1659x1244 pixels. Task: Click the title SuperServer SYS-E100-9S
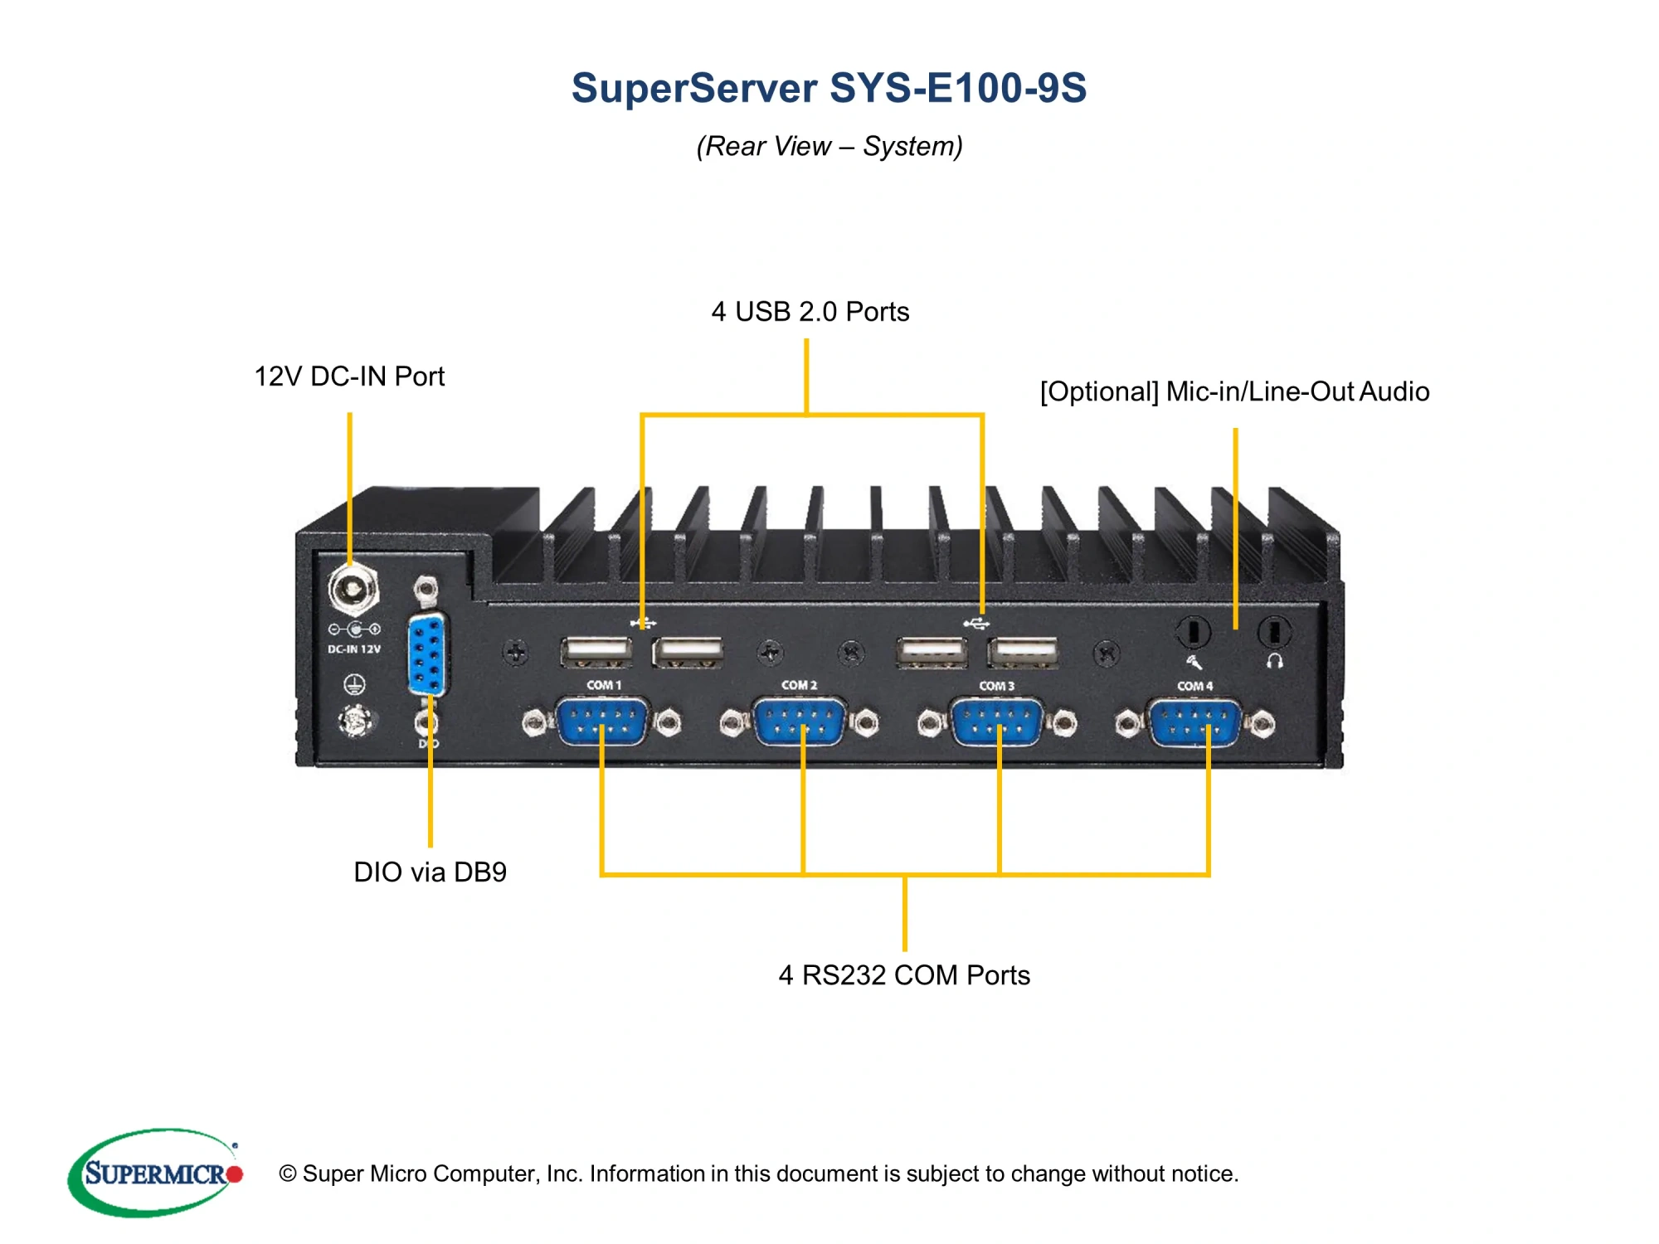pyautogui.click(x=829, y=88)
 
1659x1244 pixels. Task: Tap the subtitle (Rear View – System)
pyautogui.click(x=829, y=146)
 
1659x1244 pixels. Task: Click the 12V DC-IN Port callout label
pyautogui.click(x=349, y=377)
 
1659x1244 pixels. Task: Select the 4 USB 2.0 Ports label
pyautogui.click(x=810, y=312)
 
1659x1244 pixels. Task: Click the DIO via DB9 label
pyautogui.click(x=430, y=872)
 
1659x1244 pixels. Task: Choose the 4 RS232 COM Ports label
pyautogui.click(x=904, y=974)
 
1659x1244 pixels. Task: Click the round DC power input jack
pyautogui.click(x=353, y=590)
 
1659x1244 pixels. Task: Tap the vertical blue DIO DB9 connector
pyautogui.click(x=427, y=654)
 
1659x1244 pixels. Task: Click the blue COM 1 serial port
pyautogui.click(x=602, y=722)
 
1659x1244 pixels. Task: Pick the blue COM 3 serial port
pyautogui.click(x=997, y=722)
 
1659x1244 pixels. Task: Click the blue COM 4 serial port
pyautogui.click(x=1195, y=722)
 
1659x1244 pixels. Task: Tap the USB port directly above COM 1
pyautogui.click(x=596, y=653)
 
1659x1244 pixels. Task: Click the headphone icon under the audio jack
pyautogui.click(x=1275, y=661)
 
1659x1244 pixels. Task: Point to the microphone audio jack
pyautogui.click(x=1193, y=632)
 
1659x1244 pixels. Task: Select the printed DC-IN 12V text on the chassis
pyautogui.click(x=354, y=649)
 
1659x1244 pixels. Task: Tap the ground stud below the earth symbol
pyautogui.click(x=355, y=721)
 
